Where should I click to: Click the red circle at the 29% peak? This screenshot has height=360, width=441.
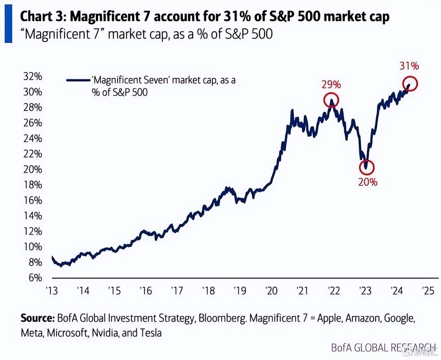point(331,100)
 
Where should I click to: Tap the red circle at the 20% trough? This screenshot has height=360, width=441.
point(367,168)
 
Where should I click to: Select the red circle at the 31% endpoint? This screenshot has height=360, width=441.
point(410,84)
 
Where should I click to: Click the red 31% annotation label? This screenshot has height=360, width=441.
point(409,66)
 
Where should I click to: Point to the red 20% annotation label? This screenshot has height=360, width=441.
point(368,182)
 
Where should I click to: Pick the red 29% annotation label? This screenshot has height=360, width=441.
point(331,84)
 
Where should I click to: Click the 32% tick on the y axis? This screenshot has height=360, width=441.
point(33,76)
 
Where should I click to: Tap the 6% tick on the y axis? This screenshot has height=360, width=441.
point(35,277)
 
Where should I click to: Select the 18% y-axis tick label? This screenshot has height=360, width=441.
point(33,185)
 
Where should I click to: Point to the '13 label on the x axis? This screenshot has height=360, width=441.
point(52,291)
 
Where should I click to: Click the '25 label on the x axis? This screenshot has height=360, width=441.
point(428,291)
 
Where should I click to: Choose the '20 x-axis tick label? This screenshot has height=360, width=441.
point(271,291)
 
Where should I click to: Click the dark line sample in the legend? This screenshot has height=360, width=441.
point(78,80)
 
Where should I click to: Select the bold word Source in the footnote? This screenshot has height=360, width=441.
point(37,318)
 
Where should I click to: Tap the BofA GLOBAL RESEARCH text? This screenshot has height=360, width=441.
point(382,348)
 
